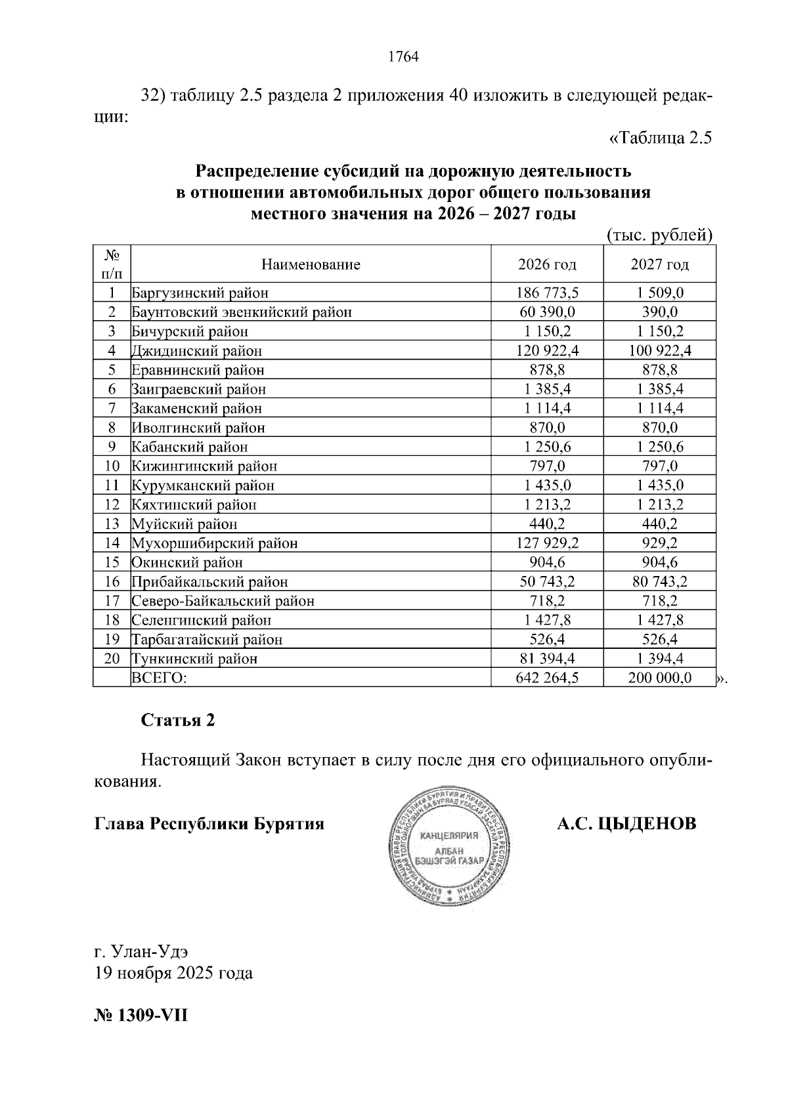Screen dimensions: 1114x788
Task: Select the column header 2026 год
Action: click(547, 264)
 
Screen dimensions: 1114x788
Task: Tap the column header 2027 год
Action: click(659, 264)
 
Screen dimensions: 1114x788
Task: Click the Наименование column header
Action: click(311, 264)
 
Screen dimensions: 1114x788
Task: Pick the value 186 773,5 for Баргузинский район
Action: click(547, 293)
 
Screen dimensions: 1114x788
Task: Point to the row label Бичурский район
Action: click(190, 331)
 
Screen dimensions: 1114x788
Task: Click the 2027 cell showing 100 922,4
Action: click(659, 350)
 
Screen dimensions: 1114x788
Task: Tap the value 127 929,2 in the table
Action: click(547, 543)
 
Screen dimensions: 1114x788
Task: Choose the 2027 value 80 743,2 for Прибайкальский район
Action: click(659, 582)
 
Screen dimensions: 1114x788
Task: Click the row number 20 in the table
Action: click(112, 659)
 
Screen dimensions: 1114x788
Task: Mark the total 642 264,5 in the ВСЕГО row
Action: click(547, 678)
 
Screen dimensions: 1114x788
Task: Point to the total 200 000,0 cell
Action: click(659, 678)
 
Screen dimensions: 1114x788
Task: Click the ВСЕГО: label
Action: click(159, 678)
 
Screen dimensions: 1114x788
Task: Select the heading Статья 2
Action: click(178, 720)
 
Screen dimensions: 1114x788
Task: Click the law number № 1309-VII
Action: click(141, 1016)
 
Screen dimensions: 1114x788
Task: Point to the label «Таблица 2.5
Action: click(661, 138)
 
